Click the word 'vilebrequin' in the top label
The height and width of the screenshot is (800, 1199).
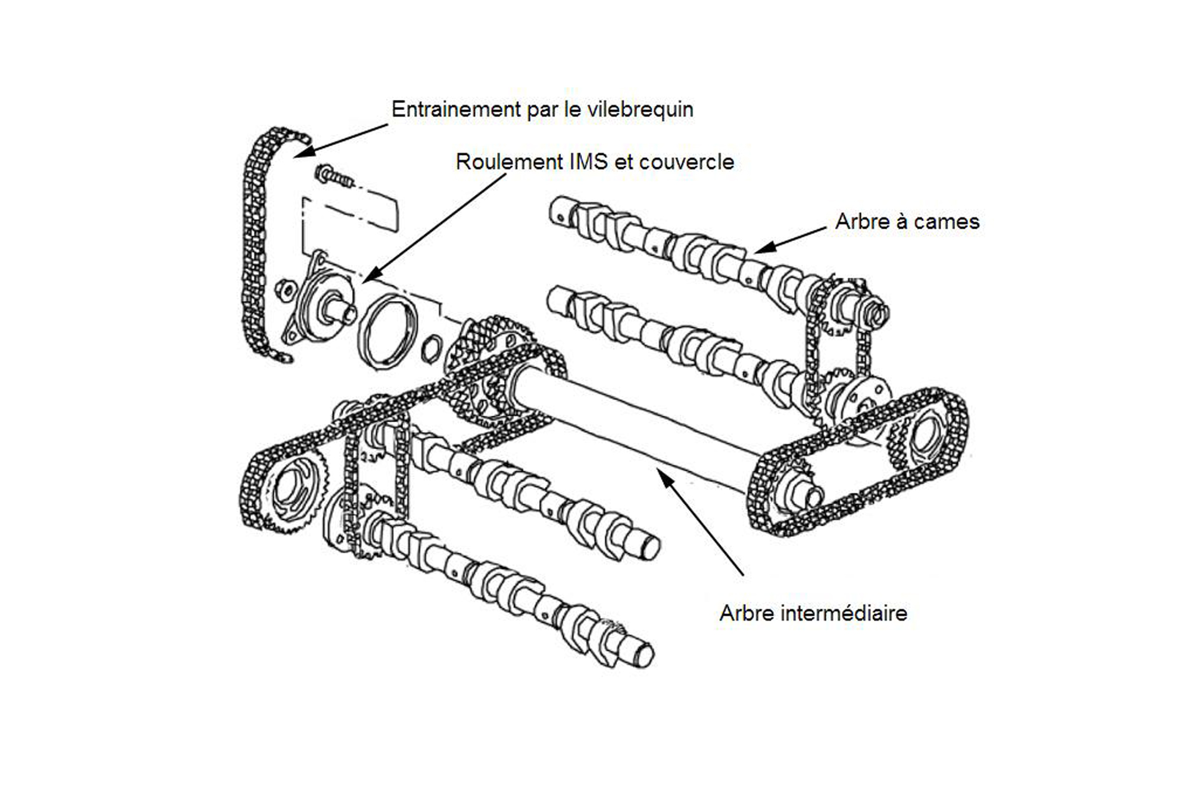(x=640, y=109)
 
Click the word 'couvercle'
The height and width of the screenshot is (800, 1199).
(x=686, y=162)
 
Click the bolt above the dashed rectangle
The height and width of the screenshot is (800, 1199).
(x=333, y=176)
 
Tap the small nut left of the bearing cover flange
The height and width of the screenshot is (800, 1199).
(x=285, y=289)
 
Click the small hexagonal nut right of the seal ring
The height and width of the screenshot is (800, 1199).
(x=431, y=349)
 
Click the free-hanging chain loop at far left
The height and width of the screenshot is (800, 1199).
(x=255, y=244)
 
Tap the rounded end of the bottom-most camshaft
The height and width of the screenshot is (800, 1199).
(x=643, y=656)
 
